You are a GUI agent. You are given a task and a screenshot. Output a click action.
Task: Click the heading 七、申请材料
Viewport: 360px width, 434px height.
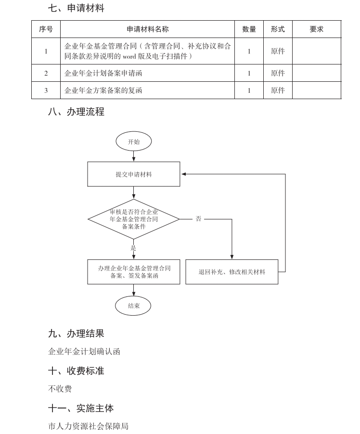click(76, 8)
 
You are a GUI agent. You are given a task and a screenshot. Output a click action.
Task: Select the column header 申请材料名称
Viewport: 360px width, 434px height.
click(148, 29)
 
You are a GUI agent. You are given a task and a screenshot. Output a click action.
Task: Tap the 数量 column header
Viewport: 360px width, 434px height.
click(249, 29)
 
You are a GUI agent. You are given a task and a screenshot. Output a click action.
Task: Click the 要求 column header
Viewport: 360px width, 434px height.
click(316, 29)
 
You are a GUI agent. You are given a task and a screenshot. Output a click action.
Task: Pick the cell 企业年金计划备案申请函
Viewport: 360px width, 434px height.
click(103, 74)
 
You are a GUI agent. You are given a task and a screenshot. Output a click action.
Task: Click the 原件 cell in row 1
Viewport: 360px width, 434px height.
click(278, 51)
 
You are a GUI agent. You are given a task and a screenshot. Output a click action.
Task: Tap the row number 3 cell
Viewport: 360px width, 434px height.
click(46, 90)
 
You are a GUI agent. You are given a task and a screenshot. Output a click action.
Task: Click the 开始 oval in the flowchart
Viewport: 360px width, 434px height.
click(133, 141)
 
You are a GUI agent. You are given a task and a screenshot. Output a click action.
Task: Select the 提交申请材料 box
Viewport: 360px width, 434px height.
click(133, 174)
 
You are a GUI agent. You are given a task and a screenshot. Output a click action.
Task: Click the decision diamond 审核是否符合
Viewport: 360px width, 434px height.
click(133, 219)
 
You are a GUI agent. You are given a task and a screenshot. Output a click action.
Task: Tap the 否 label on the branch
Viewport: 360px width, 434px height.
click(198, 219)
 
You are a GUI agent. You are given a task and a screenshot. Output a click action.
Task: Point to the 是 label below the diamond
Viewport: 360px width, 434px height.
click(133, 248)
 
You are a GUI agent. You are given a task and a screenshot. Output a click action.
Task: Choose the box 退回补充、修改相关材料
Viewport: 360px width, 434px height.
click(231, 272)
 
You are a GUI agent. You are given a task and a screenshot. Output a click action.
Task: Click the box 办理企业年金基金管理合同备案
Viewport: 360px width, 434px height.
click(133, 272)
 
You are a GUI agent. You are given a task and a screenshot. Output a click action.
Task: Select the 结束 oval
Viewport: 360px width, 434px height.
click(133, 306)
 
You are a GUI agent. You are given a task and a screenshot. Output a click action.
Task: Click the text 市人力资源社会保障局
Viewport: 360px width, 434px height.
click(88, 426)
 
